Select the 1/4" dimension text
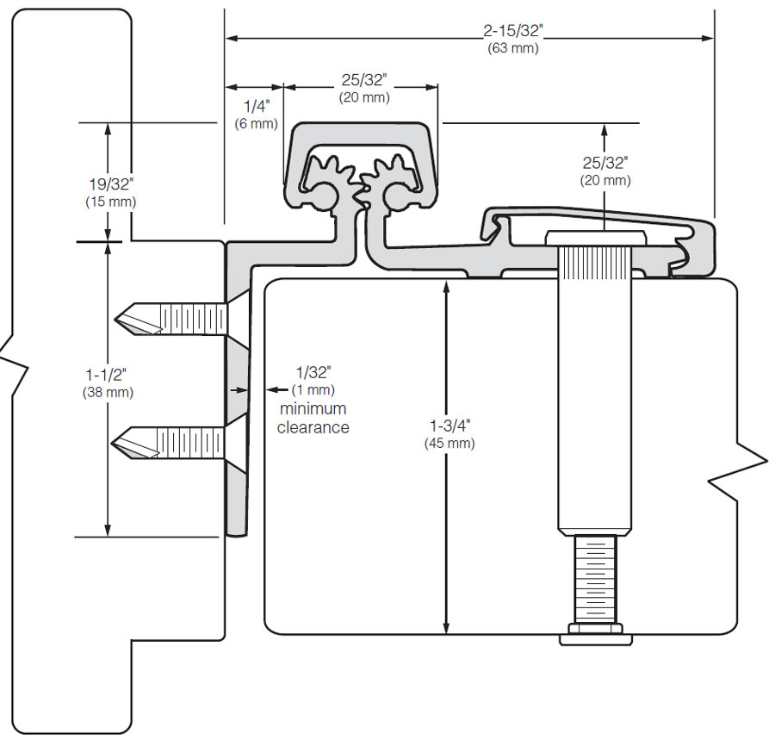pos(257,106)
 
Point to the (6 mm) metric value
pos(257,123)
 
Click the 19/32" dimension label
pos(110,183)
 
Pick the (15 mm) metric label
pos(110,201)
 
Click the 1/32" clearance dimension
pos(313,372)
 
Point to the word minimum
pos(313,408)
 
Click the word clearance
pos(313,427)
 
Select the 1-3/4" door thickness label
pos(449,426)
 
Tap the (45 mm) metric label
pos(449,444)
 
